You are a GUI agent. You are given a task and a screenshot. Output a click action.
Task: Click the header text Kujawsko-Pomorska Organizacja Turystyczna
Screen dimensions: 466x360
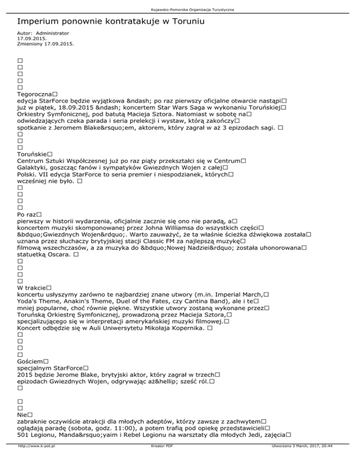click(180, 9)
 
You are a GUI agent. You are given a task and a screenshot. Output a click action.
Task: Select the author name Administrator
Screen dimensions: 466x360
click(52, 34)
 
